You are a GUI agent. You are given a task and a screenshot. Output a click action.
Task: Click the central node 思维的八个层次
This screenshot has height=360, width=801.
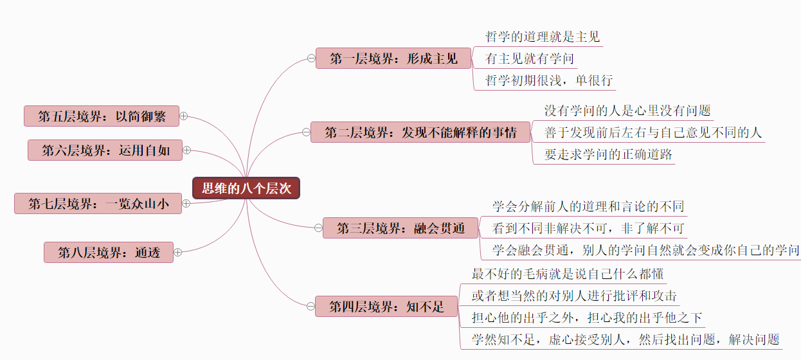[246, 188]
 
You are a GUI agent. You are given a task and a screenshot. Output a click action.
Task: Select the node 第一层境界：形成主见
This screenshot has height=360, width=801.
[393, 59]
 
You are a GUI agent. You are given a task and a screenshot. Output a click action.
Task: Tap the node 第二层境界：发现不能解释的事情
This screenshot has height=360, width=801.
[420, 133]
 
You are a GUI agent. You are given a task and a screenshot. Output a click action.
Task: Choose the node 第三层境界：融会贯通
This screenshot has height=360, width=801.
[401, 228]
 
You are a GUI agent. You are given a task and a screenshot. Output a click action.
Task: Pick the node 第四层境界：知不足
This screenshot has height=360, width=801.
[386, 307]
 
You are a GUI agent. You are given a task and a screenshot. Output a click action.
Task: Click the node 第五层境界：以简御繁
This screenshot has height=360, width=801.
[102, 116]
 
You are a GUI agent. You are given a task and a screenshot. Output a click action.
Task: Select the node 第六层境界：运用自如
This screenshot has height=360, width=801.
[105, 150]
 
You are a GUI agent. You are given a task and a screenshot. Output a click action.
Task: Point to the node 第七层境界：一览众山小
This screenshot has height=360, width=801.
[98, 204]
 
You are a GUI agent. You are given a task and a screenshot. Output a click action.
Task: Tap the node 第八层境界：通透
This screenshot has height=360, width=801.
[109, 253]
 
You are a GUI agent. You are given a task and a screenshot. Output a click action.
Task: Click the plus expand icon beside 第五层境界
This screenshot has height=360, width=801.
[183, 116]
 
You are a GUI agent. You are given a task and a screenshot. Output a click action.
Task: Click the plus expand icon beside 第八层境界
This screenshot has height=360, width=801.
[178, 253]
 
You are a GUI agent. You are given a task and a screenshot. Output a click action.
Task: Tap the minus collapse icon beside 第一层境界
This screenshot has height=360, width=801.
[310, 59]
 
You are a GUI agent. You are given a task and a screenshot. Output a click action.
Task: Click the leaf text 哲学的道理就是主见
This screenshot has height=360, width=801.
[542, 37]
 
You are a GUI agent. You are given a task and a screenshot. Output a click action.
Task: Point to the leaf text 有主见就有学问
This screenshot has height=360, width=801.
[529, 59]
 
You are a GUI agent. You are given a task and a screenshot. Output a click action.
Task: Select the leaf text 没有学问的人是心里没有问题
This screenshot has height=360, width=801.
[627, 111]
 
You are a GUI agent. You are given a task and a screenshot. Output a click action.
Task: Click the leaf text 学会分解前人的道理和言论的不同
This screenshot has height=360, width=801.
[588, 206]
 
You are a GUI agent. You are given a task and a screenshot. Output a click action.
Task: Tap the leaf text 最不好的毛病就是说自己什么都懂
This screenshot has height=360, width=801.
[567, 274]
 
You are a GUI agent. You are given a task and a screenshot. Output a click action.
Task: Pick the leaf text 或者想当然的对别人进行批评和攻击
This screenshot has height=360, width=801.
[573, 296]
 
